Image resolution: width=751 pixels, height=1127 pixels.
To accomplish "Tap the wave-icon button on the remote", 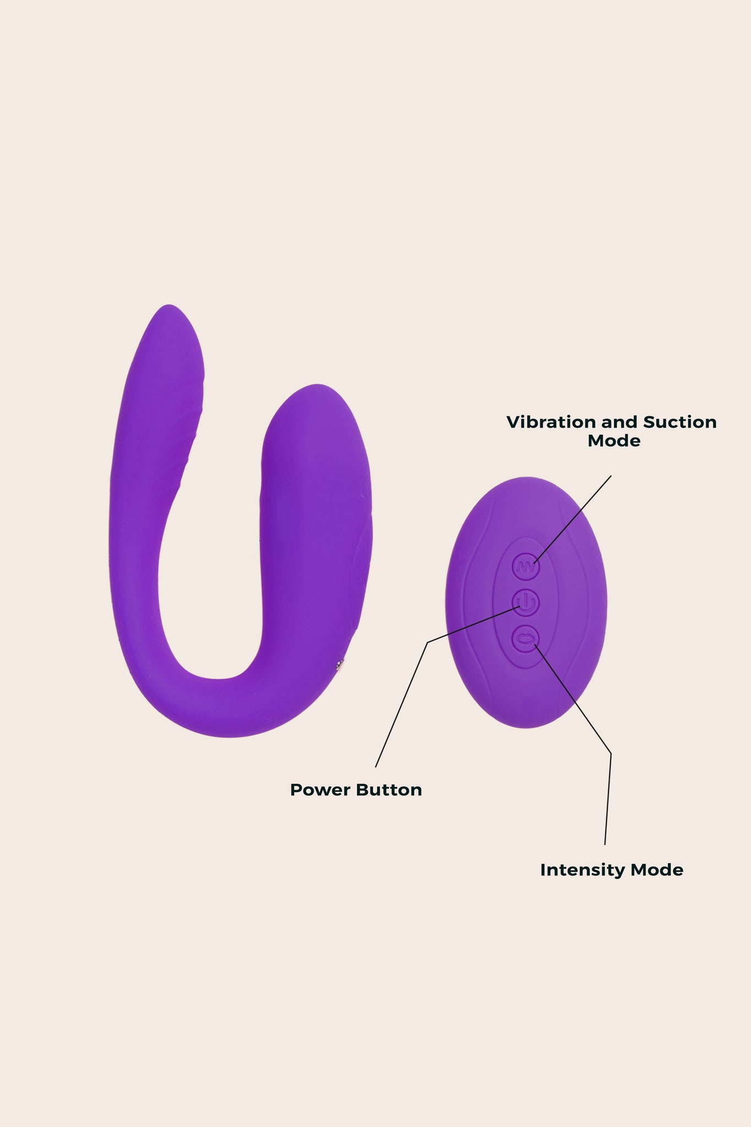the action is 525,566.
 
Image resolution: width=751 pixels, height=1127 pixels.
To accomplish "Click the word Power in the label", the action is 321,790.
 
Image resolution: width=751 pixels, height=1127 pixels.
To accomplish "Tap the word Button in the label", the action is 390,790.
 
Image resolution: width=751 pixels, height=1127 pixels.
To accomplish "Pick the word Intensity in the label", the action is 583,870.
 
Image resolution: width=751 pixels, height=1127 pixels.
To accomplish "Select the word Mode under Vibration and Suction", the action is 614,441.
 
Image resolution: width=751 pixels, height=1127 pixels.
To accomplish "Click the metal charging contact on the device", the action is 340,666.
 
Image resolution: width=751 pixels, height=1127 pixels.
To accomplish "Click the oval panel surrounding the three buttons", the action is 525,603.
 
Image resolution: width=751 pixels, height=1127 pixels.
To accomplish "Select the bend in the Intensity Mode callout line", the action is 611,753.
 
